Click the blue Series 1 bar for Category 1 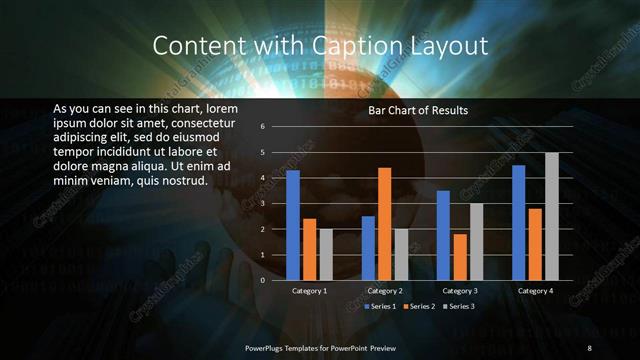(293, 225)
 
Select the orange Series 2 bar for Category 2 (384, 224)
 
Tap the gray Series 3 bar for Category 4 (551, 216)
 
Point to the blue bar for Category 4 (518, 222)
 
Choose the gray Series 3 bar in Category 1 (326, 254)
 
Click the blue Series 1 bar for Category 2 (368, 248)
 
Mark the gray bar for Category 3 (476, 241)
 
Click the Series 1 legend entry (382, 305)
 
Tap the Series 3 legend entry (458, 305)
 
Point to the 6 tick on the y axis (261, 127)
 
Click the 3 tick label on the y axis (261, 204)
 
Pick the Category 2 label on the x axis (385, 291)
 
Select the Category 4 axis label (535, 291)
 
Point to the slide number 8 (590, 346)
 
